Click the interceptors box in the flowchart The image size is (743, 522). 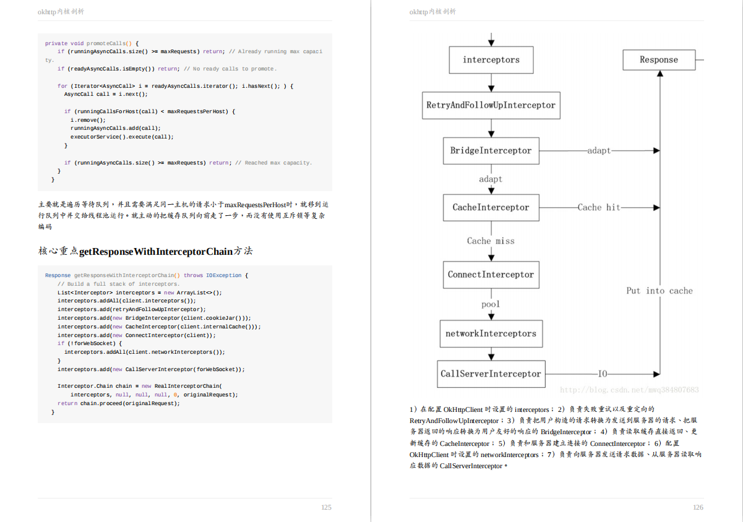click(x=491, y=60)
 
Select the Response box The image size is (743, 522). click(x=658, y=60)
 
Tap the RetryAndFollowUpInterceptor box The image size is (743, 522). click(x=491, y=105)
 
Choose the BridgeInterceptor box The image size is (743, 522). click(x=491, y=150)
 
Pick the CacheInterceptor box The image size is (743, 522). click(x=491, y=207)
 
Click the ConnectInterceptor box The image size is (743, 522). click(x=491, y=275)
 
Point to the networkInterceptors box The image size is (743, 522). click(x=491, y=333)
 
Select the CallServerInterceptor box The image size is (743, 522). click(x=491, y=374)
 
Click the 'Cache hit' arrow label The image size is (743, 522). click(x=598, y=207)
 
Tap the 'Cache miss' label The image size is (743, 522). click(x=491, y=241)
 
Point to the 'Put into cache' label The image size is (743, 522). click(x=659, y=291)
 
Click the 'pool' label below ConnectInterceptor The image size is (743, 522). click(x=491, y=304)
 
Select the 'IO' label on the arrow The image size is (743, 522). click(x=603, y=374)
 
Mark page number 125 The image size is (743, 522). click(x=326, y=507)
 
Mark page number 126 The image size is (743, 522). click(x=698, y=507)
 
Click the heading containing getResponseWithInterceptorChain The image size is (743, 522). click(x=145, y=251)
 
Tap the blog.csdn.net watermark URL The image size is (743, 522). click(x=629, y=390)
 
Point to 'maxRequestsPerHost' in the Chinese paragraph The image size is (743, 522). click(x=255, y=204)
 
